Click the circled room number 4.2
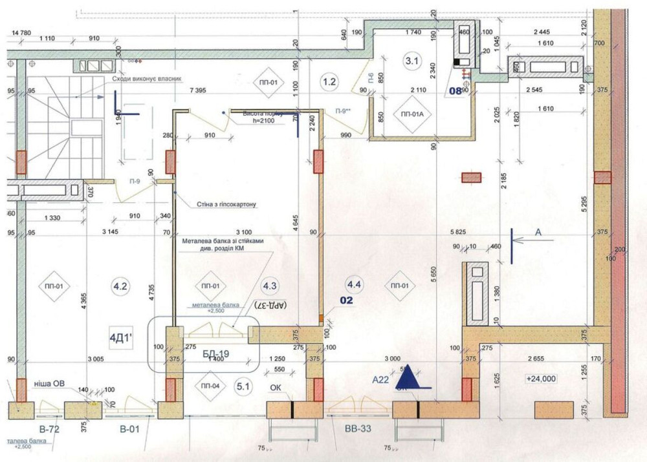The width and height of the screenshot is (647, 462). coord(120,286)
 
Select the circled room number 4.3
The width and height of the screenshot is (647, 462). coord(269,286)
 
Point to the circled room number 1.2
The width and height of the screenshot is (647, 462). coord(329,81)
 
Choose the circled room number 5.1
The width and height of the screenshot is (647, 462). coord(243,388)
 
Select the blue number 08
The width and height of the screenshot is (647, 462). coord(455,91)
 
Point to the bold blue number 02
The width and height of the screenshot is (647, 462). coord(348,300)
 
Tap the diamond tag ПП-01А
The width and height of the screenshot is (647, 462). coord(412,114)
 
